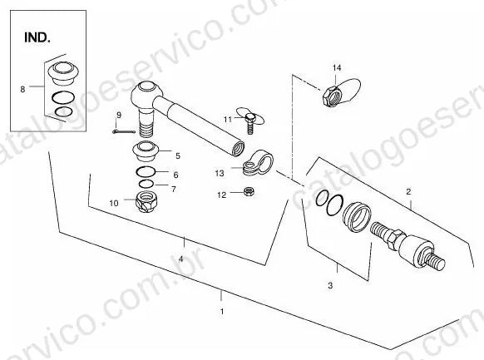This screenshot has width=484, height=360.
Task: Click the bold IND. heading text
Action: [x=37, y=37]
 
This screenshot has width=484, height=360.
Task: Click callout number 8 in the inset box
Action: [x=22, y=90]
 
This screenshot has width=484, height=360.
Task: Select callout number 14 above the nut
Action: [x=337, y=67]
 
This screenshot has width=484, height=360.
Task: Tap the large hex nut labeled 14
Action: [x=332, y=96]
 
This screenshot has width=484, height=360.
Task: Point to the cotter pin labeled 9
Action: [x=123, y=132]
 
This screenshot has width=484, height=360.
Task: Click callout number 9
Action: [x=119, y=116]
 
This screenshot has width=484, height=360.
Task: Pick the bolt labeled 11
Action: [x=250, y=123]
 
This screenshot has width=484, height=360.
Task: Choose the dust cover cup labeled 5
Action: [x=146, y=150]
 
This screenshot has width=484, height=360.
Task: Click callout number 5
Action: [x=178, y=156]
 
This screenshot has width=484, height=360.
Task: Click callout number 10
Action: [x=114, y=203]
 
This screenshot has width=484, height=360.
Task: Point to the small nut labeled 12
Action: [x=249, y=191]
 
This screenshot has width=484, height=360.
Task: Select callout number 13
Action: [x=220, y=174]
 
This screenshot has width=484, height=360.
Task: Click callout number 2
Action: [x=408, y=192]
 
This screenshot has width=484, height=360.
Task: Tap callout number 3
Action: [x=330, y=285]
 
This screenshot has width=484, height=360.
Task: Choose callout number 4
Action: [x=181, y=259]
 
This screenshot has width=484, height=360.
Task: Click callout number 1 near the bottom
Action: [x=222, y=312]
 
